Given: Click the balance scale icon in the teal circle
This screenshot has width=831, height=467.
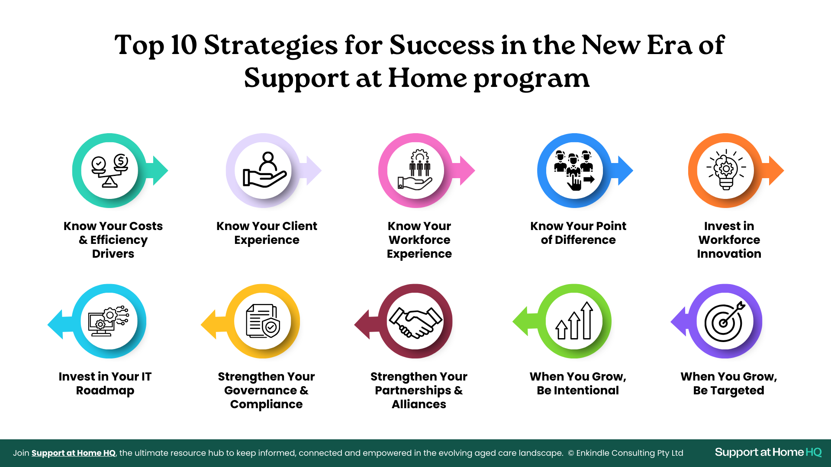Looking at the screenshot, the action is click(110, 170).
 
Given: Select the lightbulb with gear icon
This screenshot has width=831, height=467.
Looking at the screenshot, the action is click(726, 170).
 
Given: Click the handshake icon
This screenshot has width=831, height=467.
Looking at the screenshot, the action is click(415, 322).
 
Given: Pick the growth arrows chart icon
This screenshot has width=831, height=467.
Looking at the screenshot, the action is click(574, 320).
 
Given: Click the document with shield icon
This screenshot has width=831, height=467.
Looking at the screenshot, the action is click(263, 321).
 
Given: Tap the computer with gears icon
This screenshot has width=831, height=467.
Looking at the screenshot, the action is click(108, 321).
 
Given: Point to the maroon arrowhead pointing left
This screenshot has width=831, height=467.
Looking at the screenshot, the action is click(362, 324).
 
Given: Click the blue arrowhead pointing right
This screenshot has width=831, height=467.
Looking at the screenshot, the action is click(625, 170).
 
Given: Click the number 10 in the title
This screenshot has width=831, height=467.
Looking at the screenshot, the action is click(184, 45).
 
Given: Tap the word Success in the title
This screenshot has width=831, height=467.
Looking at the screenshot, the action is click(441, 45).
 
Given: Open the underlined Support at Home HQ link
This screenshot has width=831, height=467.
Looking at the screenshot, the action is click(74, 453).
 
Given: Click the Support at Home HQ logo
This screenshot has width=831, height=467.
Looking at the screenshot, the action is click(768, 452).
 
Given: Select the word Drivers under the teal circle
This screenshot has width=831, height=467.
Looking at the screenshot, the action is click(113, 254).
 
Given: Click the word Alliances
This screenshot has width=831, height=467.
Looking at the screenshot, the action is click(419, 404).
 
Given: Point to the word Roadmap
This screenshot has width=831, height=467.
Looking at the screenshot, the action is click(105, 391).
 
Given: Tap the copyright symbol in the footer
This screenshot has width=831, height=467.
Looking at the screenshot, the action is click(571, 453).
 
